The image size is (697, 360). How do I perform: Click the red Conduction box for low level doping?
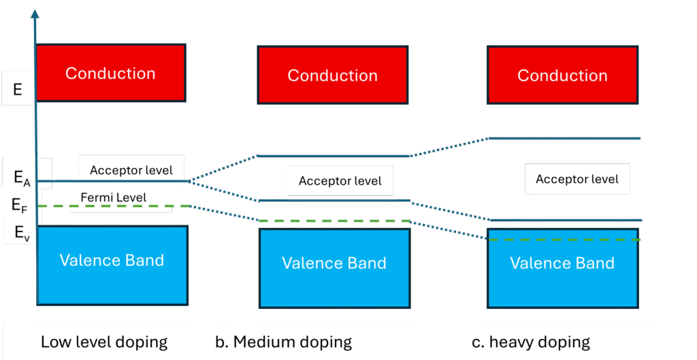pos(110,73)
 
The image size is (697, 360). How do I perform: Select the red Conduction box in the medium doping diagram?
pos(332,75)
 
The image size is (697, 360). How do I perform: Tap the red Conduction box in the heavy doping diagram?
pos(562,75)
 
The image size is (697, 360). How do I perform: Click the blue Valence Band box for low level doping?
pos(112,265)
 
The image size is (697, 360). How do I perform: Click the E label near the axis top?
pos(18,89)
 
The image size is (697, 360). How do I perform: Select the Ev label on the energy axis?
pos(22,233)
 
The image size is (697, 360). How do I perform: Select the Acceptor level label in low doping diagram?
pos(131,170)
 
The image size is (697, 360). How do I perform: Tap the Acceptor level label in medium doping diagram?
pos(340,181)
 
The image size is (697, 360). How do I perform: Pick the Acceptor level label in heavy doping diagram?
pos(577,179)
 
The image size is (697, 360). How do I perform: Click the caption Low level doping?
pos(104,342)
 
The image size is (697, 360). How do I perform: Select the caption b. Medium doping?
pos(283,342)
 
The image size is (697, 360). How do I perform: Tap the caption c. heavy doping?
pos(531,342)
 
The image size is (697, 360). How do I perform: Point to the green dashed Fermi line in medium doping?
pos(334,220)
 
